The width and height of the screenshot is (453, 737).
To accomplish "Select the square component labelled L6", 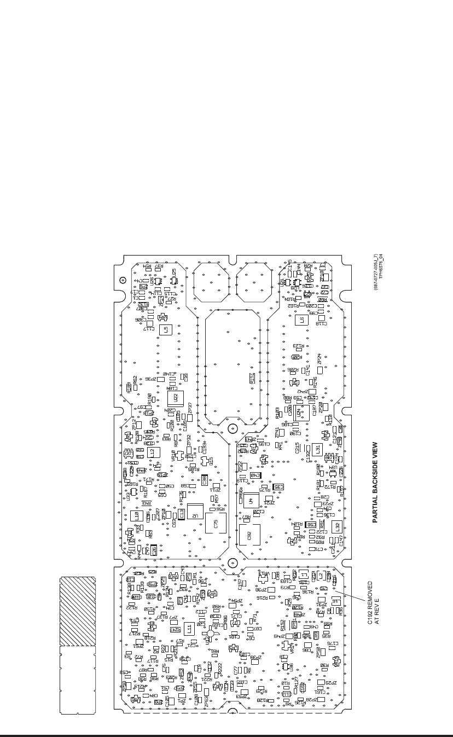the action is click(x=301, y=321).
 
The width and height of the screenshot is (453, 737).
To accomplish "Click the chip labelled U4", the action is click(x=251, y=501).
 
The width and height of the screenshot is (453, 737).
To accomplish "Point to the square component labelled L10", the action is click(x=136, y=515).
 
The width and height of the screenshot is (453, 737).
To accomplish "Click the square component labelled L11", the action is click(x=189, y=629).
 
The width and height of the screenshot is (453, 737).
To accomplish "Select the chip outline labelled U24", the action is click(x=299, y=410).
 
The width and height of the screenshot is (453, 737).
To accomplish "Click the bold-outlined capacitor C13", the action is click(x=181, y=514).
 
